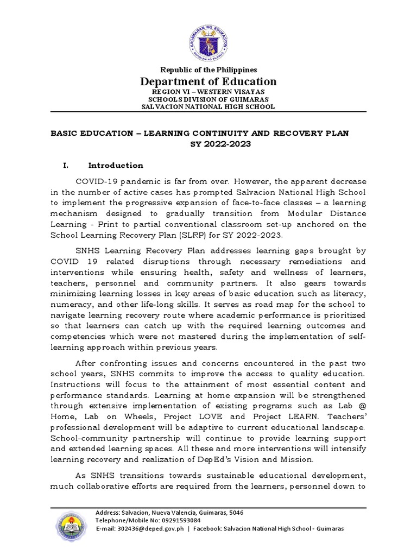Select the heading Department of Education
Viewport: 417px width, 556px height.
click(x=209, y=81)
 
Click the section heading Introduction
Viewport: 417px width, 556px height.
click(x=116, y=166)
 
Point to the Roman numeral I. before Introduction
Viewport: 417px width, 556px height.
click(x=66, y=166)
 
